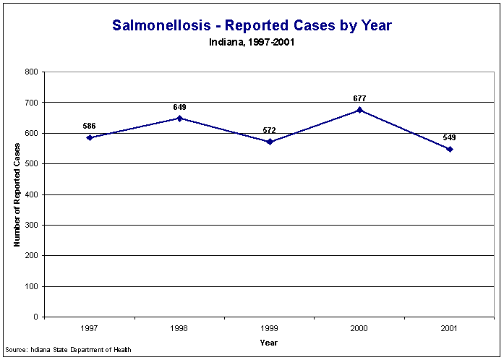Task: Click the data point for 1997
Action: [x=90, y=137]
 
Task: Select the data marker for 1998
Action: [x=179, y=118]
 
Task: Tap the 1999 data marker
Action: [x=270, y=142]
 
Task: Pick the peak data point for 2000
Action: [x=359, y=110]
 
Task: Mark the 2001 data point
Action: [x=450, y=149]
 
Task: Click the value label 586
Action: [x=90, y=126]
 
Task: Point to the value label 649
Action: [x=179, y=107]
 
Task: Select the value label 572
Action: [x=270, y=130]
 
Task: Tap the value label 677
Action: [x=359, y=98]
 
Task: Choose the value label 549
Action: [x=450, y=137]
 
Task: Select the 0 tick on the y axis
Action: [x=35, y=317]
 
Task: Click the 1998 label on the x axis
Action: [x=179, y=329]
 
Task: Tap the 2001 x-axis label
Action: [x=450, y=329]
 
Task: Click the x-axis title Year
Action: [x=269, y=343]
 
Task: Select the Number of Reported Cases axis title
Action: [x=17, y=194]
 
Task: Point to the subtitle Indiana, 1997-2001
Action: [x=252, y=42]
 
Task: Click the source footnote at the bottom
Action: [x=68, y=351]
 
